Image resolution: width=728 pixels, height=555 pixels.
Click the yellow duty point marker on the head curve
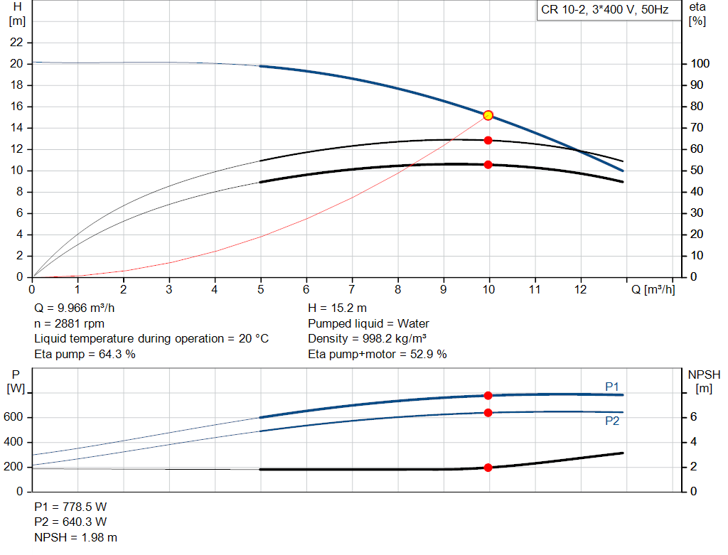point(488,115)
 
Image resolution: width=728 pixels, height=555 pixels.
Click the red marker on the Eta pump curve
point(488,140)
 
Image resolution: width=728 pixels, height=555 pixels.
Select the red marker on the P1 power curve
point(488,395)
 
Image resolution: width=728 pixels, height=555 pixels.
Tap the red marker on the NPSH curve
point(488,468)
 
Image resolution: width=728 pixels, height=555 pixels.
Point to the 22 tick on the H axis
point(17,43)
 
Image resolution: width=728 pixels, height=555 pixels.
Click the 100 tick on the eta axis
point(700,64)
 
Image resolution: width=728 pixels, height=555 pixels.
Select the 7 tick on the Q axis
point(352,290)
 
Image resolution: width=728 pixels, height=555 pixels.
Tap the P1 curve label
point(611,386)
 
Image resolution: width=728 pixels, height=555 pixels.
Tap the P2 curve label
point(611,421)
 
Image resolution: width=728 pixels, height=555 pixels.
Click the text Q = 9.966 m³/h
point(75,308)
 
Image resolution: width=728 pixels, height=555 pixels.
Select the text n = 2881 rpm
point(70,323)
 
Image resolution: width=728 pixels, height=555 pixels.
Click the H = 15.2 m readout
point(338,308)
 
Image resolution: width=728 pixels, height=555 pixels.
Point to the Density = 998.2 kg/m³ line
point(368,338)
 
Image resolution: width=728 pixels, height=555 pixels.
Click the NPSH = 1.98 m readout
point(76,537)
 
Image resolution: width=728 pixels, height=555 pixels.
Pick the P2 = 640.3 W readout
point(70,522)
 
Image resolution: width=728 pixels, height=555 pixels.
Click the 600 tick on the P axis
point(14,417)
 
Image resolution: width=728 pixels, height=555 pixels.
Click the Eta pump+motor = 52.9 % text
point(378,354)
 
